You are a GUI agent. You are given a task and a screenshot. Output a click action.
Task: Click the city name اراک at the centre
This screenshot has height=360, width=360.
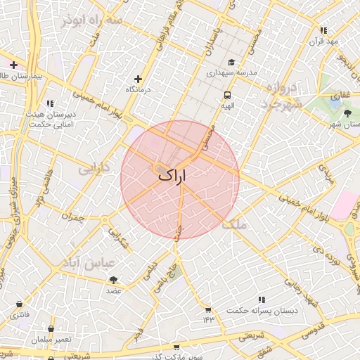click(174, 176)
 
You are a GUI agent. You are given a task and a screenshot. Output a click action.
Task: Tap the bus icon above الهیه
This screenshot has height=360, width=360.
click(227, 94)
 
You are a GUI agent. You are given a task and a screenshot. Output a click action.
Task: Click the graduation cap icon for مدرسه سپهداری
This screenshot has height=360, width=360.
click(231, 62)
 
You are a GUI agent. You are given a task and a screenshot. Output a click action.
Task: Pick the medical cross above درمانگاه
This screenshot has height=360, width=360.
click(138, 79)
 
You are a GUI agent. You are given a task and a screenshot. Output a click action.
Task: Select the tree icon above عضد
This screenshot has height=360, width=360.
click(114, 280)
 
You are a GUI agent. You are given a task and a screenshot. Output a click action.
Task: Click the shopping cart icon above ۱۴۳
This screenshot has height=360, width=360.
click(208, 309)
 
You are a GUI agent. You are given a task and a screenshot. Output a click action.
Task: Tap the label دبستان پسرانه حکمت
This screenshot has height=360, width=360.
click(262, 309)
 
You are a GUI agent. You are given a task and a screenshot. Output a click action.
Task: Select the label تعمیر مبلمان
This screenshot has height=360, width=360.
click(51, 339)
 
